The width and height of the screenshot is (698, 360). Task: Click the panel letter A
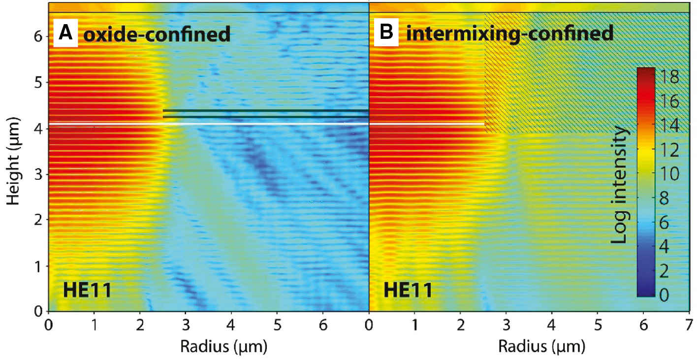65,34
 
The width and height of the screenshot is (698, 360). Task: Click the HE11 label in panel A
87,291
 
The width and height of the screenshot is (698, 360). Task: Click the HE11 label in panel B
408,291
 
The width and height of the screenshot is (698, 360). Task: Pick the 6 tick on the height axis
38,36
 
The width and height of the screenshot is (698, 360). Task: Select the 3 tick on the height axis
38,174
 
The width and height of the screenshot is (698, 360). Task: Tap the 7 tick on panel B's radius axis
689,325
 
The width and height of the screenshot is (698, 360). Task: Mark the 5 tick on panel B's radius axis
598,325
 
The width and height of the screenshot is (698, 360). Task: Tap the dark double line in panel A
266,114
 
